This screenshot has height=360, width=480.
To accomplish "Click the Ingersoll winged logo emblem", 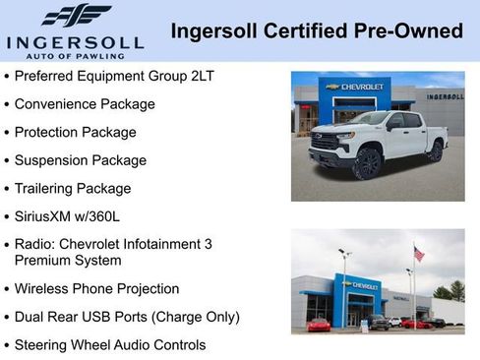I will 76,16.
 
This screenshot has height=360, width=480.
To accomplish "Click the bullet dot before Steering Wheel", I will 8,345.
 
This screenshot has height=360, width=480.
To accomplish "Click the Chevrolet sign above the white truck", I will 355,87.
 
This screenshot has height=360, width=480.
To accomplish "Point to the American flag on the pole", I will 419,253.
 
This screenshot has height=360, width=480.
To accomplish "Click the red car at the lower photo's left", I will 319,325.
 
